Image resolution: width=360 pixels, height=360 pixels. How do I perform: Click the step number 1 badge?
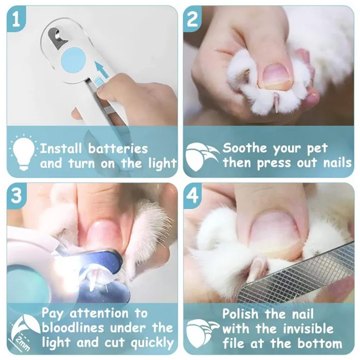16,19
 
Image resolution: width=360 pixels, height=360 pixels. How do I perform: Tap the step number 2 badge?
192,19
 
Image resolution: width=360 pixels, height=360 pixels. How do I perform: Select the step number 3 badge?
16,195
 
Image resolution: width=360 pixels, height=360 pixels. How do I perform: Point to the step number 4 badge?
192,195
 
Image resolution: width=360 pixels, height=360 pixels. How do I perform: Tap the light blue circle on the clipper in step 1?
73,59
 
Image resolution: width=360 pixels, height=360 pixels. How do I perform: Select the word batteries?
118,148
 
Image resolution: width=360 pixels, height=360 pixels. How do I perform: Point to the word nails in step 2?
337,163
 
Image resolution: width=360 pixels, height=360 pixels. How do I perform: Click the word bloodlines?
73,328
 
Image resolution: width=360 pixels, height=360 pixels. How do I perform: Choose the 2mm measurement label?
21,344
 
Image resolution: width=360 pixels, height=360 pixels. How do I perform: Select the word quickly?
152,343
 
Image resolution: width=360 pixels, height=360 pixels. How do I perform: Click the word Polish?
240,313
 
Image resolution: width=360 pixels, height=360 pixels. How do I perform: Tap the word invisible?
308,329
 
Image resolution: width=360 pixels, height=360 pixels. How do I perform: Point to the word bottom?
320,344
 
